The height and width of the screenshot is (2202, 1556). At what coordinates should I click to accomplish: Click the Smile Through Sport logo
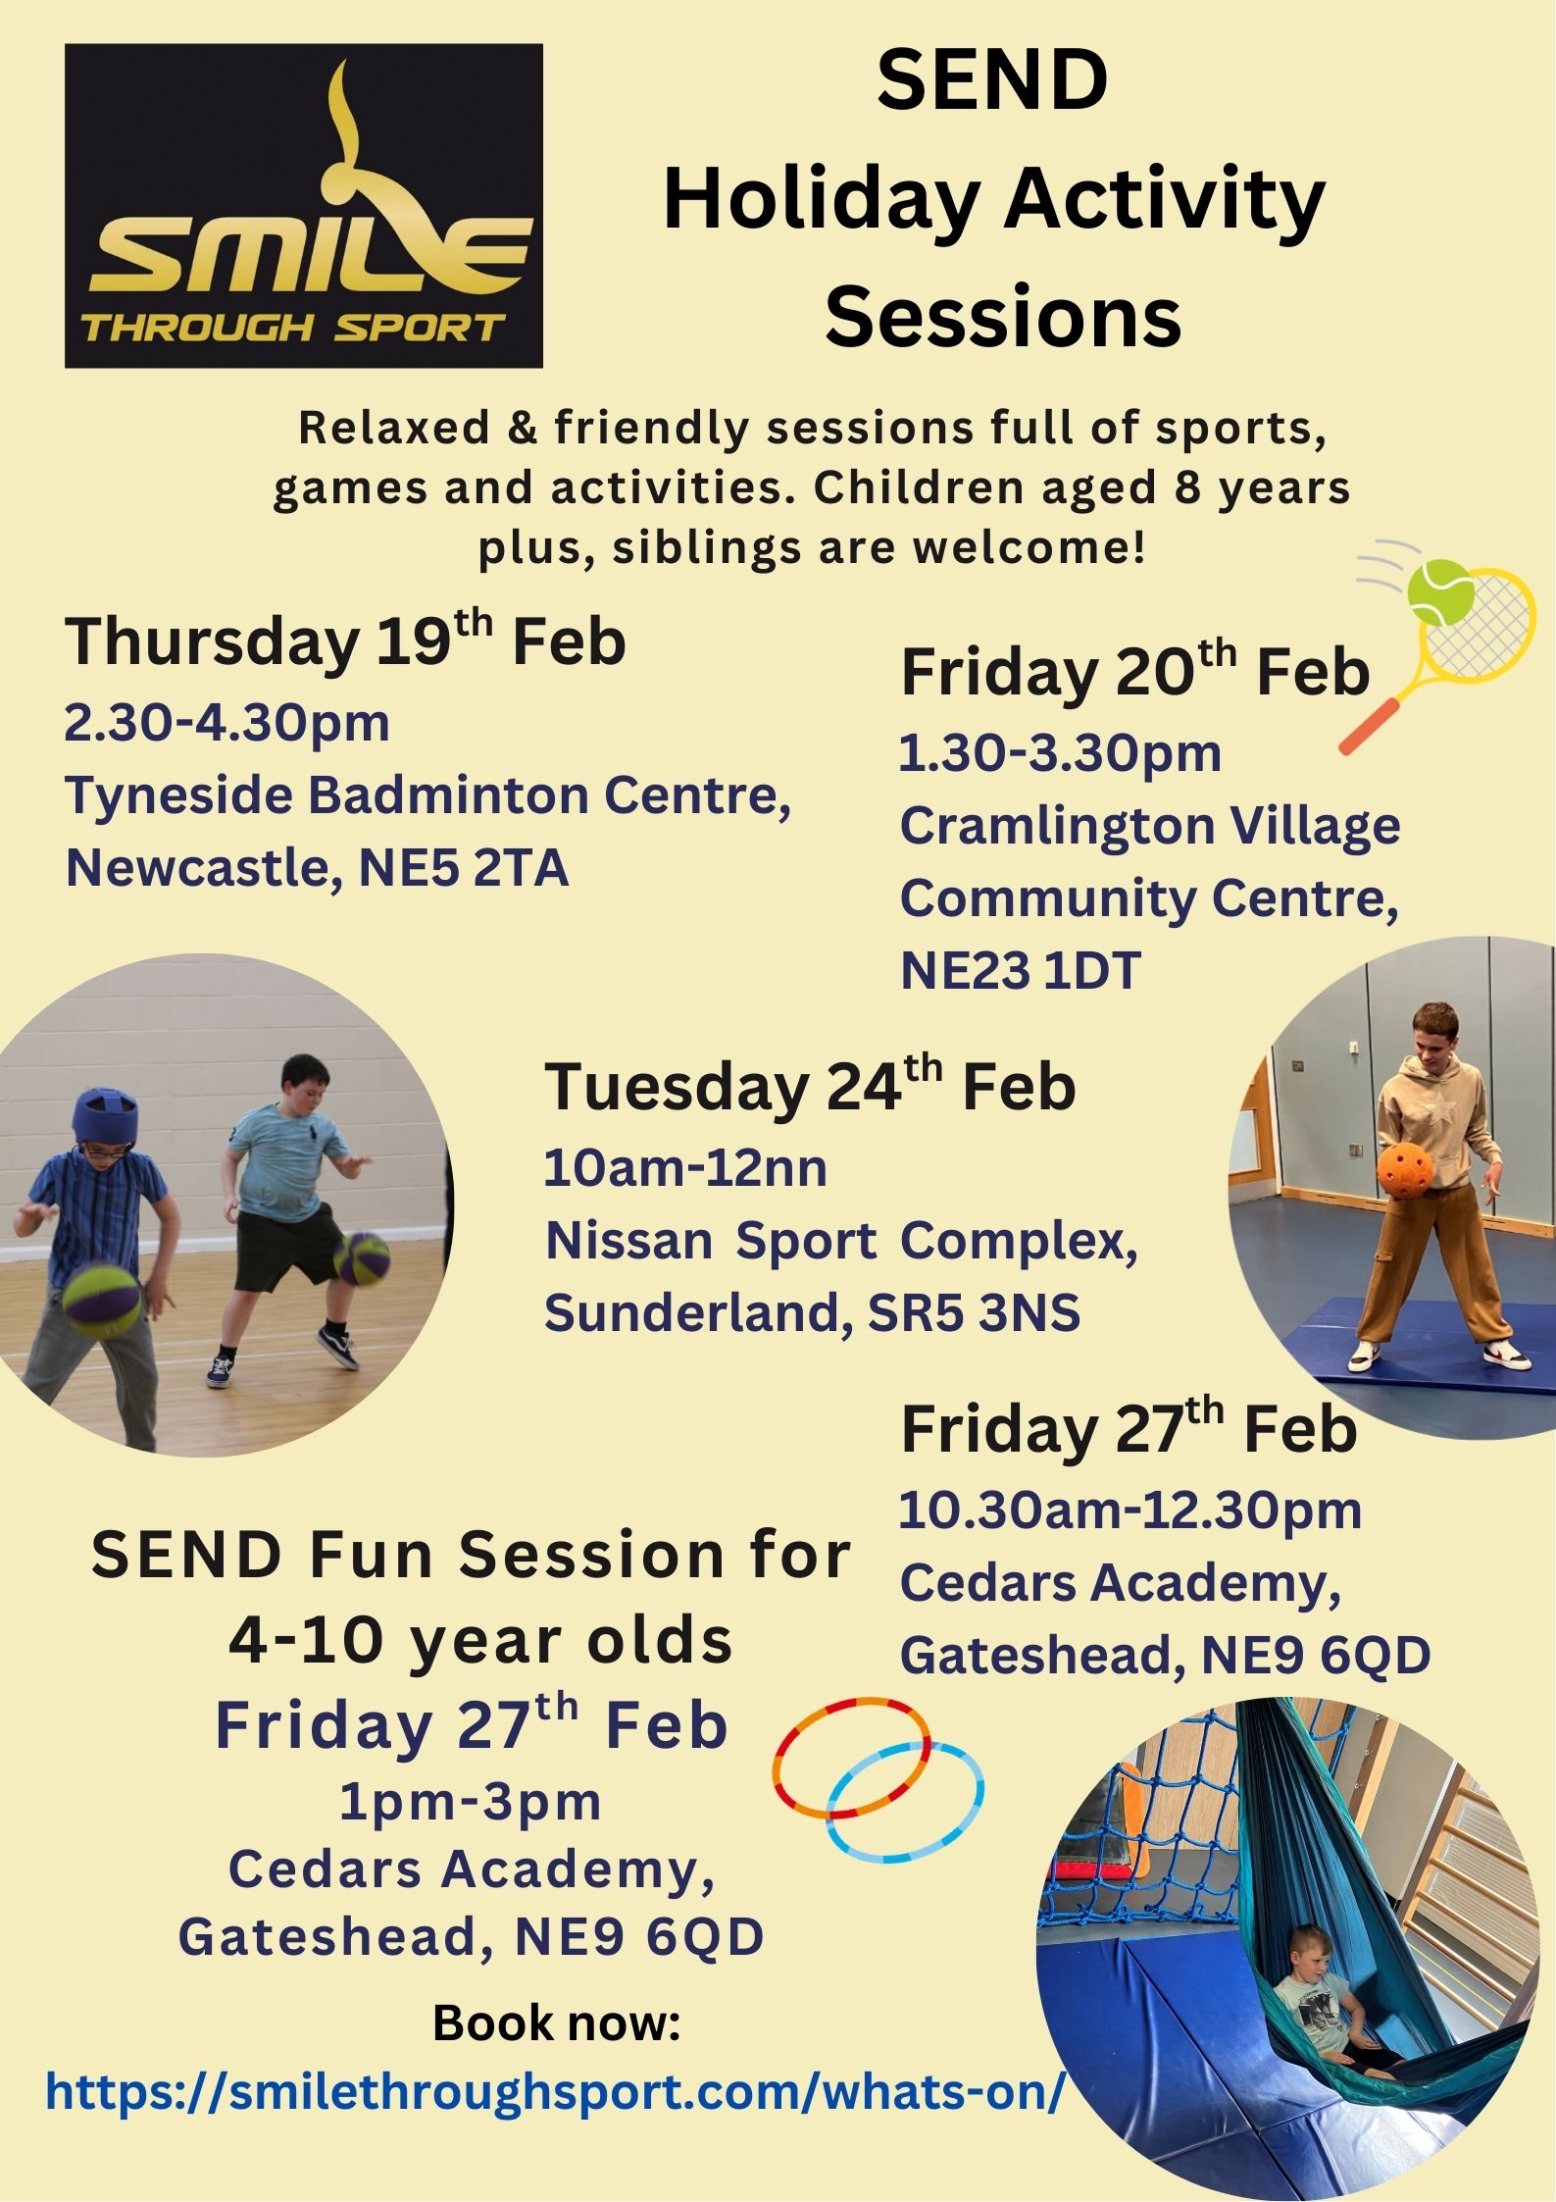click(x=304, y=206)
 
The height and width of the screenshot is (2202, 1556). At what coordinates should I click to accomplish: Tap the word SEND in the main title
click(x=992, y=80)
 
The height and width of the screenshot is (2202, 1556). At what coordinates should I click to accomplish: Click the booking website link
click(x=555, y=2092)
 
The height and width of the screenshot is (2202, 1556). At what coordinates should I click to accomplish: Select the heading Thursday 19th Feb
click(x=345, y=640)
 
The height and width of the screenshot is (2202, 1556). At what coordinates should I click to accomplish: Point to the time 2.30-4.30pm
click(x=227, y=723)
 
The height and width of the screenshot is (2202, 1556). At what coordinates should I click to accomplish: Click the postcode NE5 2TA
click(x=464, y=867)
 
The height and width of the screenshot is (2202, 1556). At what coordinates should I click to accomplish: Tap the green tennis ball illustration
click(x=1440, y=592)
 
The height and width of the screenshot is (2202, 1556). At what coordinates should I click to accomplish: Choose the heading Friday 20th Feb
click(x=1135, y=670)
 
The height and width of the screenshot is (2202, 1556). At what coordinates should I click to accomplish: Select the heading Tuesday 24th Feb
click(x=810, y=1086)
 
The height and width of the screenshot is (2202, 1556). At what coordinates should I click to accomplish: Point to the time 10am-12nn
click(x=685, y=1168)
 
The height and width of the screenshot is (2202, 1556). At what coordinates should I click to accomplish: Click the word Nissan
click(x=628, y=1241)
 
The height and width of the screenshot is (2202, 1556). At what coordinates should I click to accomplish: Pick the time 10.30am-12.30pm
click(x=1130, y=1511)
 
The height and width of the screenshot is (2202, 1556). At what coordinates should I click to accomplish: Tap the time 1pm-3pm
click(x=471, y=1802)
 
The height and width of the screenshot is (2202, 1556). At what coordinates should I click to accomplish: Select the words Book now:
click(x=557, y=2023)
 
